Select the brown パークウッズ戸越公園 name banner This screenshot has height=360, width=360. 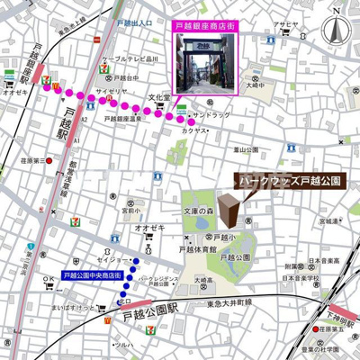(290, 181)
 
